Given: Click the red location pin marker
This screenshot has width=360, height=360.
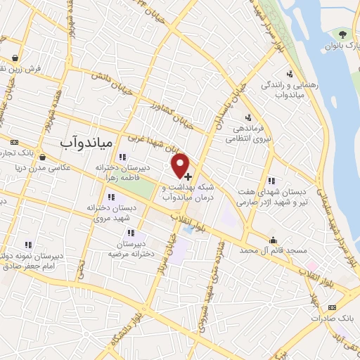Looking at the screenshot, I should click(x=181, y=164).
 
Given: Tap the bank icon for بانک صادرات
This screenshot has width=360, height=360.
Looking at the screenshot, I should click(x=333, y=307).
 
